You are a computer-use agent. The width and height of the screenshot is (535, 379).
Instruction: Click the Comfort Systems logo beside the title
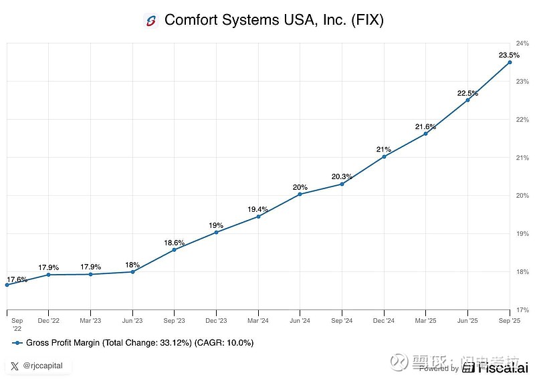coord(150,20)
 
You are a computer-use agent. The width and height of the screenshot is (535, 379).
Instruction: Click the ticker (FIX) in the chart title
coord(366,20)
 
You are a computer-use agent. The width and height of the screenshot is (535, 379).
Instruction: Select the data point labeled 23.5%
coord(510,62)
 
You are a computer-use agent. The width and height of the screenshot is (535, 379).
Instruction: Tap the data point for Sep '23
coord(174,249)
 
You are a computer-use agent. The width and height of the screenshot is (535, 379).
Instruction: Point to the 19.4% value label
coord(258,209)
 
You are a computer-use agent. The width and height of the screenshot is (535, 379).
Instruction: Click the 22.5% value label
coord(467,93)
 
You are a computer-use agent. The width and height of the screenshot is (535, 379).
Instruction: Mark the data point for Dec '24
coord(384,156)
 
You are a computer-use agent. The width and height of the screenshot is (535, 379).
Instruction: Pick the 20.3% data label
coord(342,177)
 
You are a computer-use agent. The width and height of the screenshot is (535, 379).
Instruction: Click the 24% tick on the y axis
coord(522,43)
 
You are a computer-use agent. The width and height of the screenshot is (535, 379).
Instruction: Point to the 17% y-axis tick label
coord(522,309)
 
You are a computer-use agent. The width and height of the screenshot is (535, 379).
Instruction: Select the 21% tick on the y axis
coord(522,158)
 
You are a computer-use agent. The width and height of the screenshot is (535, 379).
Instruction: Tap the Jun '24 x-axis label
coord(300,321)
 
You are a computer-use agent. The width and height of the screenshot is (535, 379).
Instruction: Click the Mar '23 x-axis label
coord(90,321)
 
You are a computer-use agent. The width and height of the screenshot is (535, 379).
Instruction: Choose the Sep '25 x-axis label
coord(510,321)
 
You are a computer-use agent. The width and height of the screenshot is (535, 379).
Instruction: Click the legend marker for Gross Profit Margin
coord(17,343)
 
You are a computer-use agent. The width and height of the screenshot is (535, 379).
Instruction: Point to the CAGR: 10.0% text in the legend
coord(227,343)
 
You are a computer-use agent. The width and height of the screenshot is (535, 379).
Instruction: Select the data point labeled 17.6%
coord(7,285)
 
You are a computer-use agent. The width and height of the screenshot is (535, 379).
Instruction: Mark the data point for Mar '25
coord(425,134)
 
